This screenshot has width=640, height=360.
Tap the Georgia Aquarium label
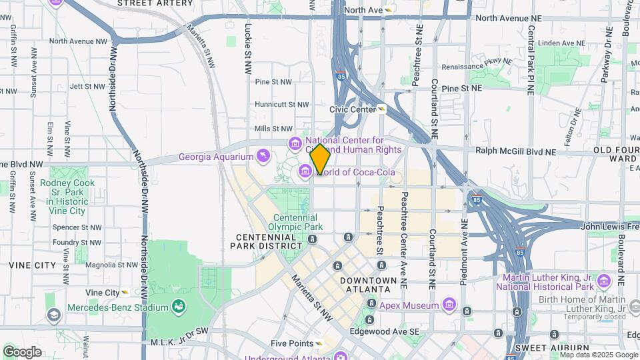[216, 157]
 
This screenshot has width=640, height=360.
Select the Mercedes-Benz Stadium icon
[178, 306]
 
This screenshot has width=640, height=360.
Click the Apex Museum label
[409, 306]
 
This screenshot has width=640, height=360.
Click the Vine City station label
[102, 293]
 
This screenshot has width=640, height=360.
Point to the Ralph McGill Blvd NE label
[515, 151]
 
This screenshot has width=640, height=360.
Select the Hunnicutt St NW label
[282, 105]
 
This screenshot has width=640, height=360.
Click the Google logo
[22, 351]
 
